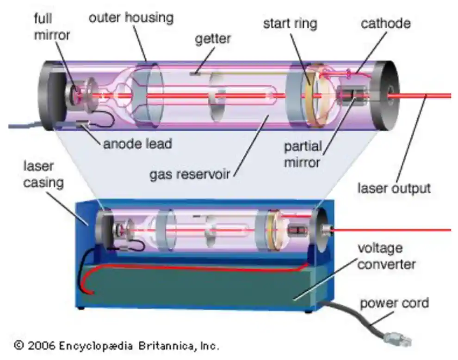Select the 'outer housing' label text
pyautogui.click(x=131, y=18)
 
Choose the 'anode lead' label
pyautogui.click(x=137, y=143)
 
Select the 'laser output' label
pyautogui.click(x=394, y=188)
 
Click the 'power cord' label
pyautogui.click(x=395, y=303)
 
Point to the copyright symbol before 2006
pyautogui.click(x=19, y=345)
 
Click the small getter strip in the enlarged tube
pyautogui.click(x=195, y=73)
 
